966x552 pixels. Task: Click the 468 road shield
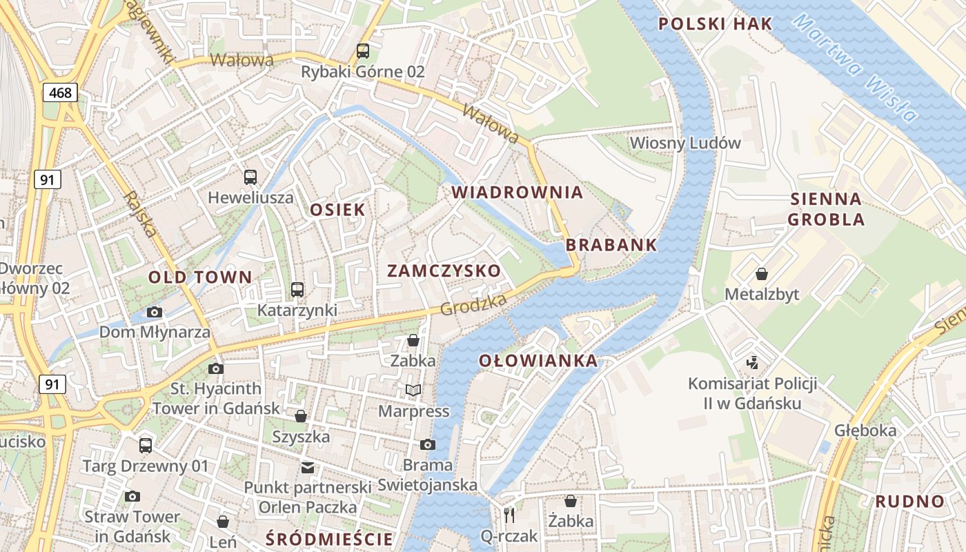tap(60, 92)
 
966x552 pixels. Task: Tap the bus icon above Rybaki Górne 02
tap(362, 50)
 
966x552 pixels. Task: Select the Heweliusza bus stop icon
tap(250, 177)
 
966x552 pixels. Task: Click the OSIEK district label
tap(337, 210)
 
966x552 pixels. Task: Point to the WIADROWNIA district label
tap(517, 193)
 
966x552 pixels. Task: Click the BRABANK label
tap(611, 245)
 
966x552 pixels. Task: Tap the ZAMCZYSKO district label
tap(444, 270)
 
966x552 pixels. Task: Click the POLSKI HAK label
tap(715, 24)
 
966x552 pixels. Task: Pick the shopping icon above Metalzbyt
tap(762, 274)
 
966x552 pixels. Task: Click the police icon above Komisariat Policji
tap(752, 362)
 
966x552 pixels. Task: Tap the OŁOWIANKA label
tap(538, 360)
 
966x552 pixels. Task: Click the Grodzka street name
tap(474, 304)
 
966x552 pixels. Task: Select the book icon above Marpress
tap(413, 391)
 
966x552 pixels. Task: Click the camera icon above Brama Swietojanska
tap(428, 444)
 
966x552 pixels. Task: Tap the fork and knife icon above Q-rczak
tap(509, 514)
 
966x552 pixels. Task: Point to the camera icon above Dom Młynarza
tap(155, 312)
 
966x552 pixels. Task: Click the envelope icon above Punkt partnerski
tap(307, 468)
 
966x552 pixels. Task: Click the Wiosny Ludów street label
tap(685, 144)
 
